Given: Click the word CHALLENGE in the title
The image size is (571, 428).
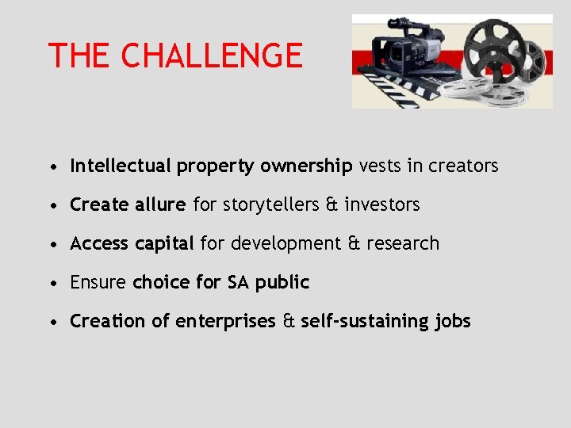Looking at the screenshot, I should click(212, 56).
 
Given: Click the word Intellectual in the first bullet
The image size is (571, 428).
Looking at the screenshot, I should click(121, 166).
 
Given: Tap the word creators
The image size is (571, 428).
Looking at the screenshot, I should click(463, 166).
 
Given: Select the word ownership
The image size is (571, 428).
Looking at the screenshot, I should click(306, 166).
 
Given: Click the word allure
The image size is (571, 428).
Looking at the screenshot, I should click(163, 204).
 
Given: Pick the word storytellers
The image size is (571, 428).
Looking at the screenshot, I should click(271, 204).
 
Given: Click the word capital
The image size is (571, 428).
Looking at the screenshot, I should click(164, 244).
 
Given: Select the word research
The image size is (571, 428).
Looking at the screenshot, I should click(404, 243).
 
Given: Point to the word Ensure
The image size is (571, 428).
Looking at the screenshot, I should click(98, 282).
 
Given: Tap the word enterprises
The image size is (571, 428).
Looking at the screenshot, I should click(225, 322).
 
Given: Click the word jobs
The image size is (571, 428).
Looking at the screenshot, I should click(453, 322).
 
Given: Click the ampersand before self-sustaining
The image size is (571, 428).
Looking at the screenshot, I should click(288, 322).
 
